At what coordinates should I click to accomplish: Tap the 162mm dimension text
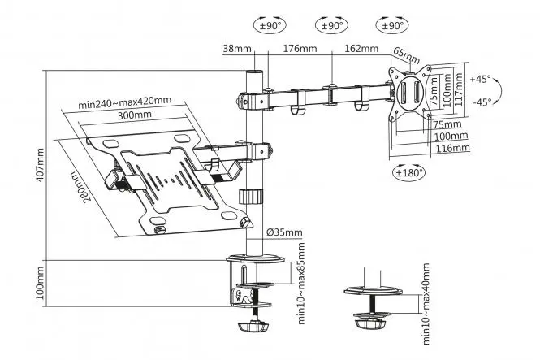(x=361, y=49)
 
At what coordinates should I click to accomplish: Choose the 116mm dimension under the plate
(x=452, y=149)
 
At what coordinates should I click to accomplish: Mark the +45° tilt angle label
(x=481, y=80)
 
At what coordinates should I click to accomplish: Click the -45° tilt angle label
(x=481, y=102)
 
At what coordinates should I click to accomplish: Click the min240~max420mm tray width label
(x=125, y=103)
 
